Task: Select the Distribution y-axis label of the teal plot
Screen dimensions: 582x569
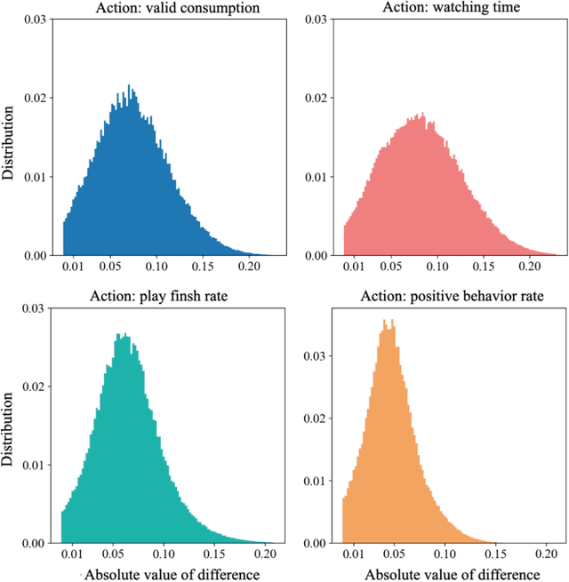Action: [x=9, y=426]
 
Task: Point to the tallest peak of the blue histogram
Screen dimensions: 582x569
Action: [x=129, y=86]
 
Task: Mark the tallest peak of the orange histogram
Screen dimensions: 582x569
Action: [x=385, y=321]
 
